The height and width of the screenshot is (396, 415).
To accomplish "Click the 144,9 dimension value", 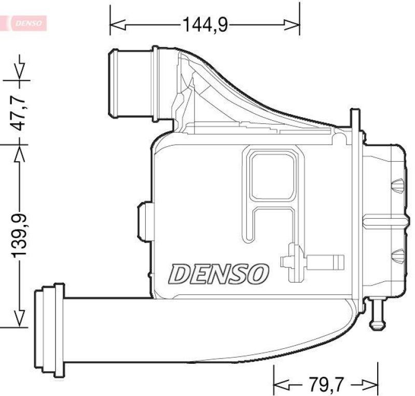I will point(204,24).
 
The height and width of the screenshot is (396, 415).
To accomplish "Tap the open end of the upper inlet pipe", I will point(112,83).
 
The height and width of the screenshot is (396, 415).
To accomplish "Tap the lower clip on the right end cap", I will point(397,254).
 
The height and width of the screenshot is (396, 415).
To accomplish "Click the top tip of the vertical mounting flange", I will point(354,112).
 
